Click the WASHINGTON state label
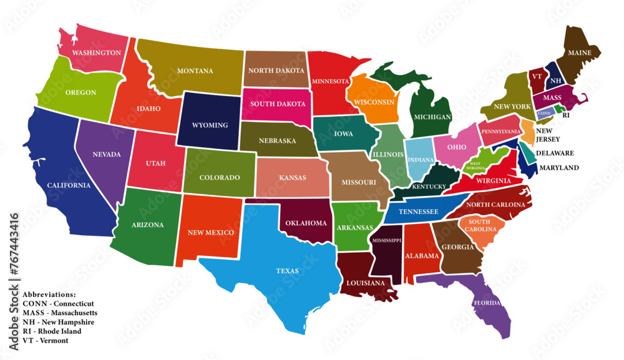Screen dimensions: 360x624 pos(96,53)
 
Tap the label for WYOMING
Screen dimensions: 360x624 pos(210,125)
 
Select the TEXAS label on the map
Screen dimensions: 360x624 pos(287,271)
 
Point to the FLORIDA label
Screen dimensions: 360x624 pos(487,303)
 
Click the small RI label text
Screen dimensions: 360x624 pos(566,115)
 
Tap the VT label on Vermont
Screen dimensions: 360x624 pos(536,76)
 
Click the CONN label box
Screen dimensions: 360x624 pos(544,114)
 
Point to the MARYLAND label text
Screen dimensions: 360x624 pos(559,168)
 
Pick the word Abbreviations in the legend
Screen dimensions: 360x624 pos(49,294)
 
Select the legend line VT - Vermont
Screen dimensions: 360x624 pos(45,341)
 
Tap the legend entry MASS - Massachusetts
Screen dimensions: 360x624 pos(59,313)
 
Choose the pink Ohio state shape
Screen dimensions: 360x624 pos(456,147)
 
